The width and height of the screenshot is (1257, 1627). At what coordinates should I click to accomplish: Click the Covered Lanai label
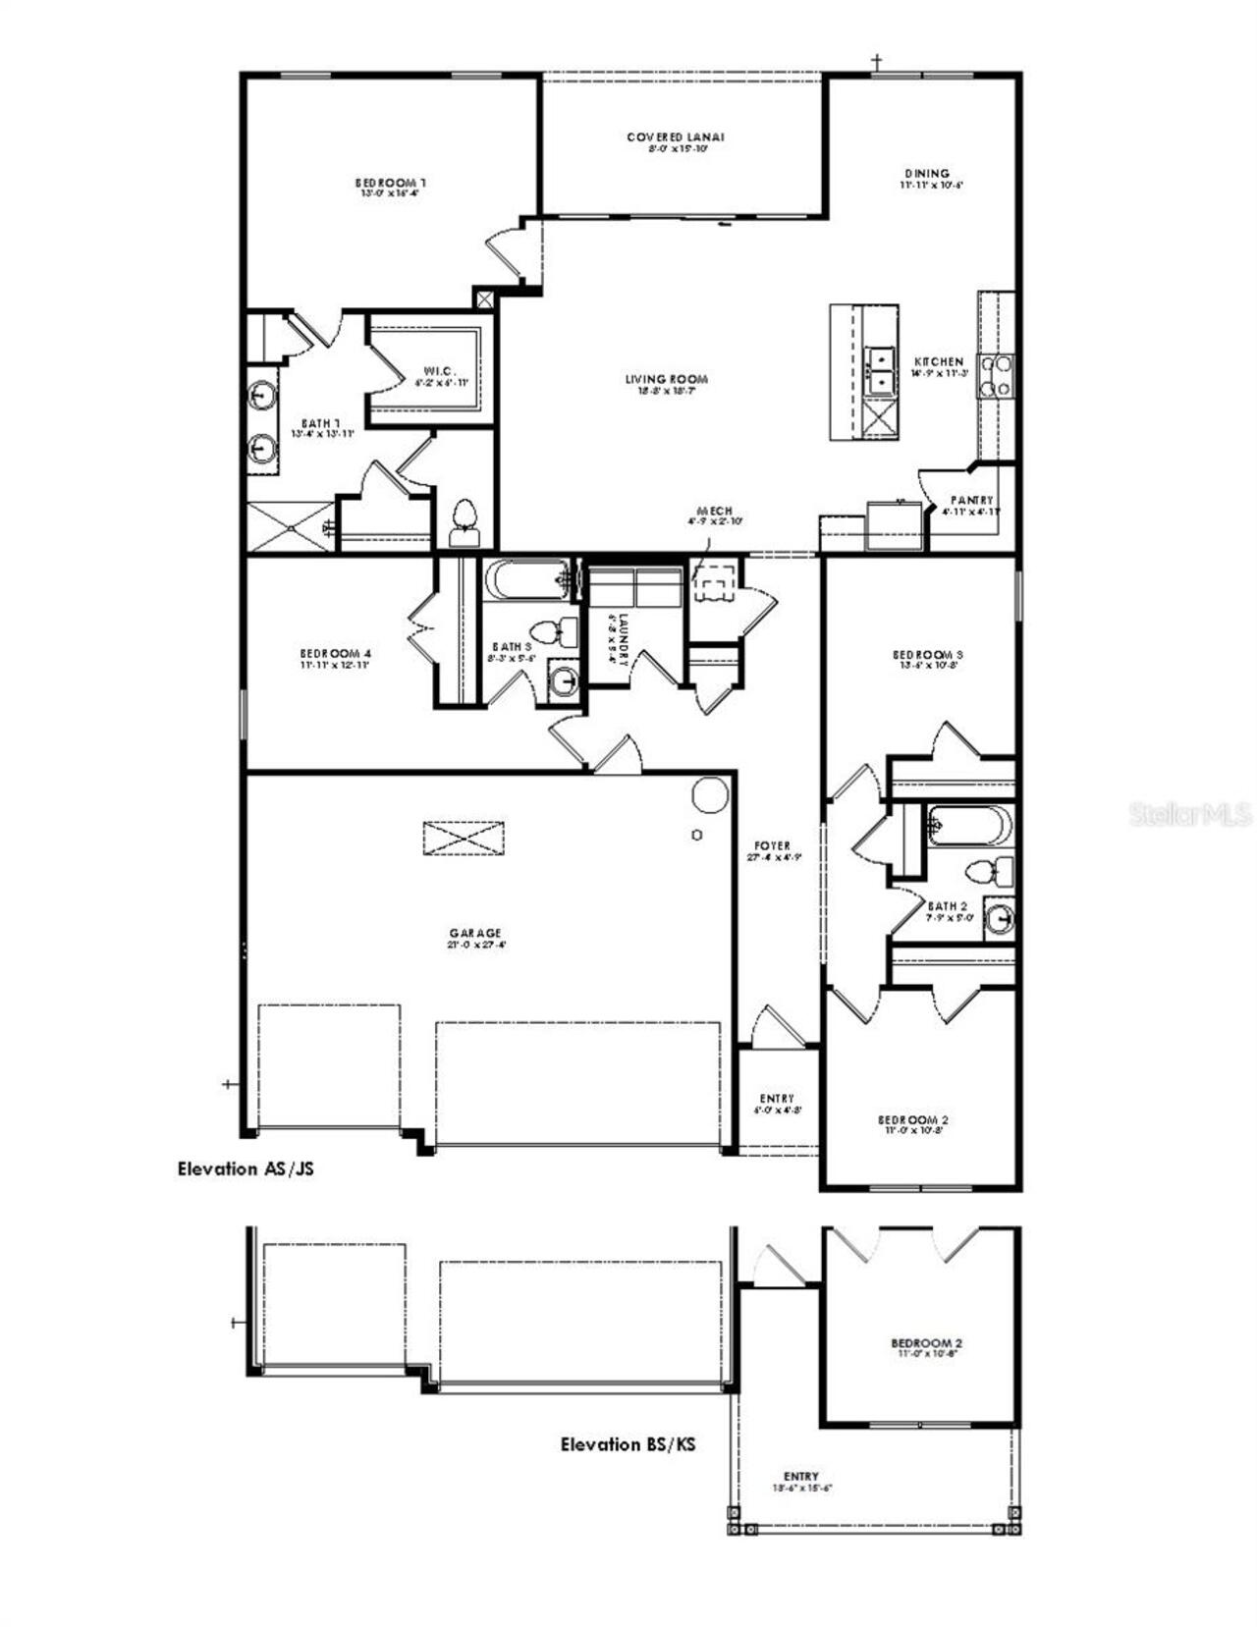tap(676, 137)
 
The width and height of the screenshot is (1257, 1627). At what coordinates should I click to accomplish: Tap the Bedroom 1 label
tap(390, 183)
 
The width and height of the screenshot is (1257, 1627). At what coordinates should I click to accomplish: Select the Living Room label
tap(667, 379)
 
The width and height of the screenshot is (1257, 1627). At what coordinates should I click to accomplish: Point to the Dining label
tap(927, 174)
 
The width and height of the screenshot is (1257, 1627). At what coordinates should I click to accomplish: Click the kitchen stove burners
tap(997, 376)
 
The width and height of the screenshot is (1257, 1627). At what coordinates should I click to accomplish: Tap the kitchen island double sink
tap(881, 370)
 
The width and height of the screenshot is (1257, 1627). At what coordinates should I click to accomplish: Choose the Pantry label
tap(971, 500)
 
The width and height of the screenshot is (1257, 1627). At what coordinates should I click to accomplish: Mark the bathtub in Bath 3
tap(525, 579)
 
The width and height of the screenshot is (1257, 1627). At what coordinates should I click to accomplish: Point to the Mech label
tap(714, 511)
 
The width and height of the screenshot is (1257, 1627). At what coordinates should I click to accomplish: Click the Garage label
tap(476, 933)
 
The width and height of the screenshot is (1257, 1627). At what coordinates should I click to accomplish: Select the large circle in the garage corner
tap(710, 795)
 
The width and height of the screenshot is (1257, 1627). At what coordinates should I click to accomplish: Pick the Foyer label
tap(772, 845)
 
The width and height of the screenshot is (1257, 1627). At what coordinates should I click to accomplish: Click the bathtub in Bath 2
tap(968, 825)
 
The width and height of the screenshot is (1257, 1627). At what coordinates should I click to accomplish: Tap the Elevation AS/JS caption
tap(246, 1168)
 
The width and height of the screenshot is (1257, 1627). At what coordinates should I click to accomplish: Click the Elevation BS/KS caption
tap(628, 1443)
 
